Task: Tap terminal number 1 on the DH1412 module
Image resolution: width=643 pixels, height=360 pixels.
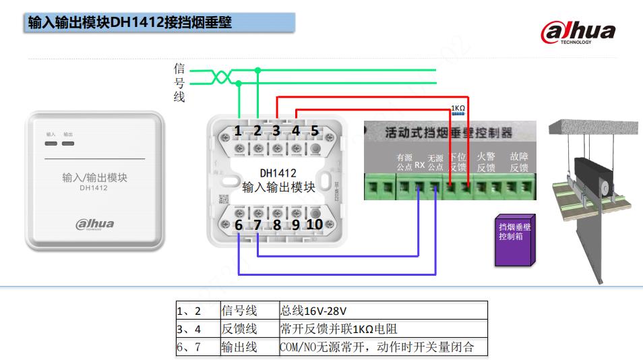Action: tap(238, 131)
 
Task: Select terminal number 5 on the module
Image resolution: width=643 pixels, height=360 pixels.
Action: tap(315, 131)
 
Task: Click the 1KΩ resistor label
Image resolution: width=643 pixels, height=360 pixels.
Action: tap(458, 108)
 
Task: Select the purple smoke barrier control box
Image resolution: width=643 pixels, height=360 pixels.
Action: tap(514, 239)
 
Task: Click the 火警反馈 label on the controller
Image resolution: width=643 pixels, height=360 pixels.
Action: tap(486, 162)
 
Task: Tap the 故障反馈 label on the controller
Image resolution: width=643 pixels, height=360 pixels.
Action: tap(519, 162)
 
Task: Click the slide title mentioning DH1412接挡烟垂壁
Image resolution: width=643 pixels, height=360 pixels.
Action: tap(130, 23)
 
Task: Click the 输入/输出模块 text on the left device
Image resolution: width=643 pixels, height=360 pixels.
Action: tap(94, 178)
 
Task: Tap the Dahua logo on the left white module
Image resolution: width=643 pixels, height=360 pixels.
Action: tap(94, 224)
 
